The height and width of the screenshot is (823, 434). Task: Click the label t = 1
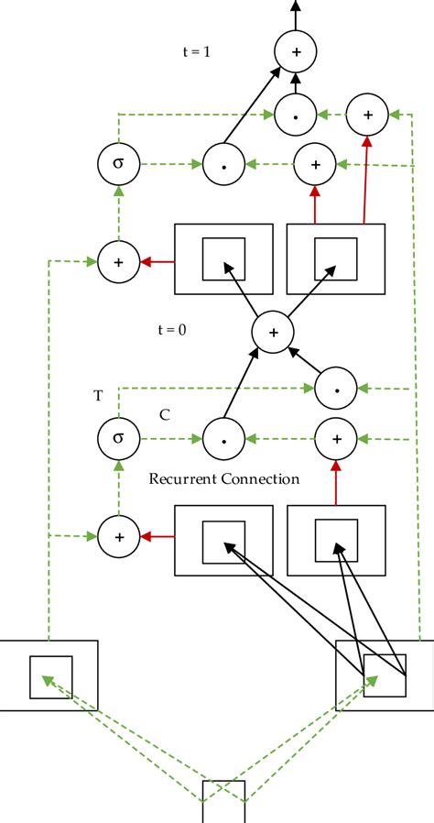click(x=197, y=52)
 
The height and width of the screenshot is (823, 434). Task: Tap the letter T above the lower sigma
click(x=98, y=396)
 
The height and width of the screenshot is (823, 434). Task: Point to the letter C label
click(x=165, y=414)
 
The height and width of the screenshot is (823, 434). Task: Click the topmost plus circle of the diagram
click(x=296, y=53)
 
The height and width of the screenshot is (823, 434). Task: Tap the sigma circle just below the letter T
click(x=117, y=437)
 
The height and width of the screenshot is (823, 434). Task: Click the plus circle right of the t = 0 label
click(x=272, y=330)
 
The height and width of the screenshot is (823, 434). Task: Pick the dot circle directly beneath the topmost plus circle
click(x=296, y=115)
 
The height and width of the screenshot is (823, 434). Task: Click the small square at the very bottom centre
click(x=224, y=801)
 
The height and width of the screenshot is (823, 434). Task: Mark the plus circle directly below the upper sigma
click(x=117, y=261)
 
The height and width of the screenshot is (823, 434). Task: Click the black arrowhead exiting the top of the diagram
click(x=296, y=6)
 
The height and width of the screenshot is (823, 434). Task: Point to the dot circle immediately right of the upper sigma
click(x=222, y=165)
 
